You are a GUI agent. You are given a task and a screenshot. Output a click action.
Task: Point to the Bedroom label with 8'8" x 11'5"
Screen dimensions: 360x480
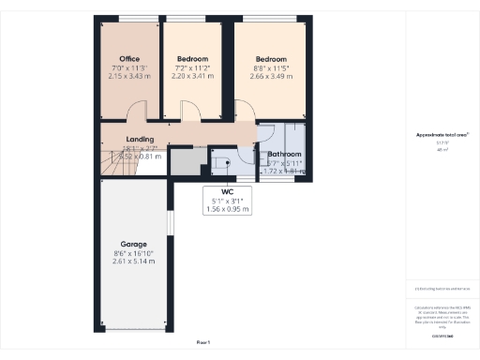tap(269, 60)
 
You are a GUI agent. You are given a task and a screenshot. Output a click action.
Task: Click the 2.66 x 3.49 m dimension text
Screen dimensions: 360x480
tap(269, 75)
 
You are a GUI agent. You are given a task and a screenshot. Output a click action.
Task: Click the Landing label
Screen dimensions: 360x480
tap(140, 140)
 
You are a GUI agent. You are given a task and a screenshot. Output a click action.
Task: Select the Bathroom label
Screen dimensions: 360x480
tap(284, 154)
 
